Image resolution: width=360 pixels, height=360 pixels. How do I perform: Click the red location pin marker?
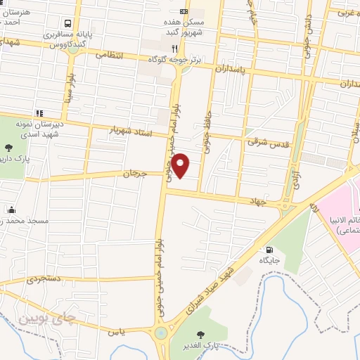click(181, 165)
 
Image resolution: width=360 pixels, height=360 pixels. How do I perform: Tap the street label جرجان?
click(136, 173)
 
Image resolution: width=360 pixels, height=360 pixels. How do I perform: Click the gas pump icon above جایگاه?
click(269, 250)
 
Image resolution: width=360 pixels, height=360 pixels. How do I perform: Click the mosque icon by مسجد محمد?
click(11, 210)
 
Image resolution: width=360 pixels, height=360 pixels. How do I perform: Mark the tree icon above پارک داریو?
click(8, 148)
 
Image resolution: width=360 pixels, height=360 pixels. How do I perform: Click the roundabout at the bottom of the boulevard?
click(162, 333)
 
